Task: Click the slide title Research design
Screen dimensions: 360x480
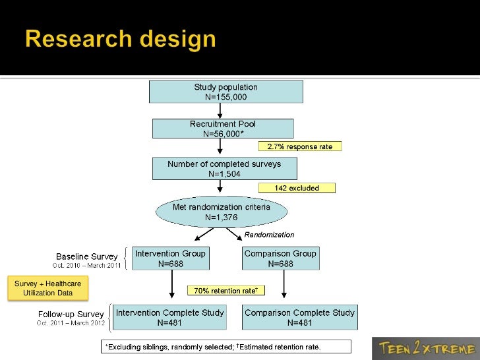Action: [121, 40]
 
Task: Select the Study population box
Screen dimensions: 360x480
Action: [226, 92]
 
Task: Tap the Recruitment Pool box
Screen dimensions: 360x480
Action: [223, 129]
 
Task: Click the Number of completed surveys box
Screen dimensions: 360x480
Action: [224, 169]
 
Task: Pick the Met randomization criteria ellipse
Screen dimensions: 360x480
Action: [222, 212]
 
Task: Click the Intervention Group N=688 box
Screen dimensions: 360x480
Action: [170, 258]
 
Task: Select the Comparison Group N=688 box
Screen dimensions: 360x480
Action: [280, 258]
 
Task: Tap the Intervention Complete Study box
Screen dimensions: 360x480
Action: [170, 317]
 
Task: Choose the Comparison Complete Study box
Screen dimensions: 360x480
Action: [299, 317]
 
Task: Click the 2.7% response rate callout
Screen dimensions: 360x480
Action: [299, 146]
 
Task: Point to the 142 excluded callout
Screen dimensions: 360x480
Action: [297, 188]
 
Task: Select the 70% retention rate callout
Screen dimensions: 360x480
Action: [225, 290]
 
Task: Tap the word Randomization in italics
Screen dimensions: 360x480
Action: [269, 235]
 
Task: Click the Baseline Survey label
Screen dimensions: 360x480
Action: [86, 256]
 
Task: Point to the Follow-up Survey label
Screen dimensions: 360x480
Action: [71, 314]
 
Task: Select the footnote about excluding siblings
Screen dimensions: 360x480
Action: [225, 347]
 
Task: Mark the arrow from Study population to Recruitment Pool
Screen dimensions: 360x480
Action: [220, 111]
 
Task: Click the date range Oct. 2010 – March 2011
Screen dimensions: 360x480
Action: [86, 265]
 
